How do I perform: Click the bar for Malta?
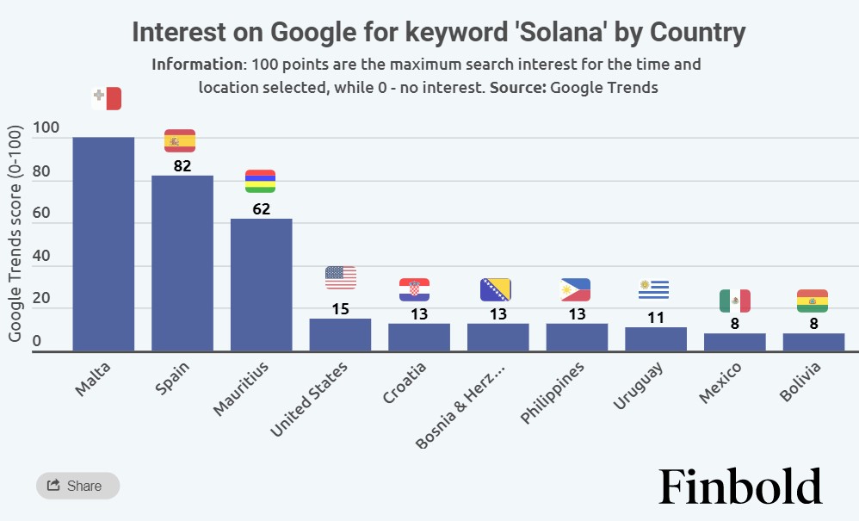click(x=103, y=244)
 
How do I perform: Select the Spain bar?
click(x=182, y=263)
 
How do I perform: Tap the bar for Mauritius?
click(x=262, y=284)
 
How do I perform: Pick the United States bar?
click(x=340, y=335)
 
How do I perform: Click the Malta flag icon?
click(x=107, y=99)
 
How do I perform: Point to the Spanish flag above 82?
click(x=180, y=140)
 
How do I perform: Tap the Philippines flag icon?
click(x=575, y=290)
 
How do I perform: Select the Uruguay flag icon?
click(x=654, y=290)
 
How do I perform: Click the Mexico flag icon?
click(x=735, y=301)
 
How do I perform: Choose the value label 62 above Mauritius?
click(x=262, y=208)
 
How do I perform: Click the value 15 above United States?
click(x=340, y=308)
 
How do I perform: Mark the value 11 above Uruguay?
click(x=656, y=317)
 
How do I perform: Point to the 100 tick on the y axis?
click(x=46, y=129)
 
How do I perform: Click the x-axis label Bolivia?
click(x=800, y=381)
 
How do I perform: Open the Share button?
click(x=77, y=486)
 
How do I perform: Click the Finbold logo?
click(x=740, y=487)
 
